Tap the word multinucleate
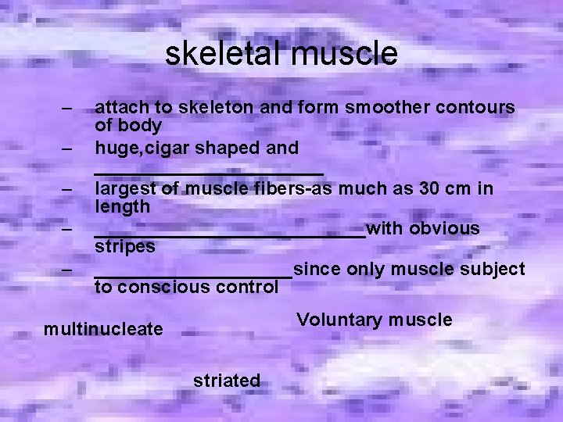pos(103,329)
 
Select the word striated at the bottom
pos(227,381)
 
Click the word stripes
pos(125,246)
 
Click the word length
pos(122,206)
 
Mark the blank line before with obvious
pos(229,234)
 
